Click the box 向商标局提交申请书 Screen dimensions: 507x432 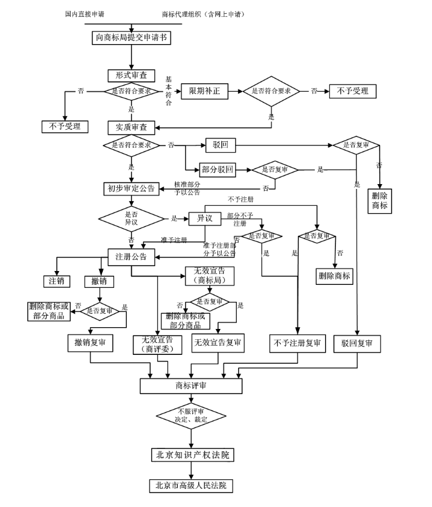[131, 37]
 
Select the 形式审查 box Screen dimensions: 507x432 [127, 75]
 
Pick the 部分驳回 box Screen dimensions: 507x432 [217, 170]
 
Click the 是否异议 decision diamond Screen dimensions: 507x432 [131, 218]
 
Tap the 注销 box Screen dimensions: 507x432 [56, 281]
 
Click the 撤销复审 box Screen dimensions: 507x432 [90, 343]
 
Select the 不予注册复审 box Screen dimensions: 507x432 [297, 343]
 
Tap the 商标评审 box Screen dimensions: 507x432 [191, 385]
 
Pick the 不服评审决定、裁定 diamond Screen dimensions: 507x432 [191, 415]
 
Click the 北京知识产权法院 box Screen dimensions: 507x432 [192, 454]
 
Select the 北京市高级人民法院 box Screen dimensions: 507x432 [191, 485]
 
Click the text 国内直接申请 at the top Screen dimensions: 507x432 [88, 13]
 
